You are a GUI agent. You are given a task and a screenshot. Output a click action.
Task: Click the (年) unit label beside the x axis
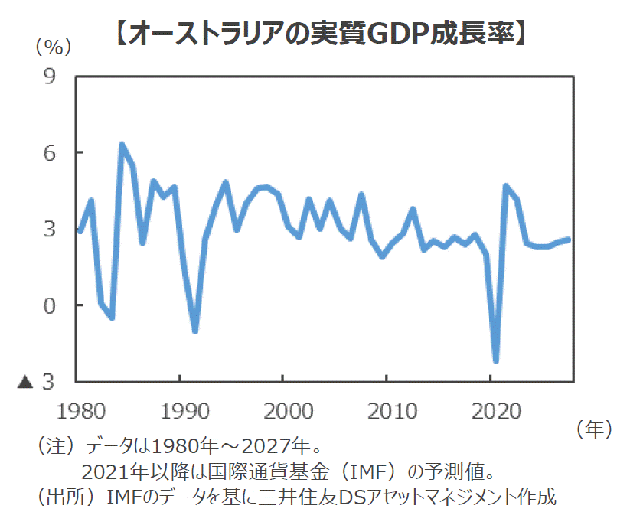[593, 430]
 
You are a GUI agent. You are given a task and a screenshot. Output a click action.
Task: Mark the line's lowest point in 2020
[496, 360]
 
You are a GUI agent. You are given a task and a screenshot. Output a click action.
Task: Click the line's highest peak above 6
[122, 145]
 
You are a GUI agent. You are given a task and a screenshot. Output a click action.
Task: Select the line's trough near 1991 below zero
[195, 331]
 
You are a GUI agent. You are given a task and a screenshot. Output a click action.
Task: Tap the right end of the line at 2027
[568, 240]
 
